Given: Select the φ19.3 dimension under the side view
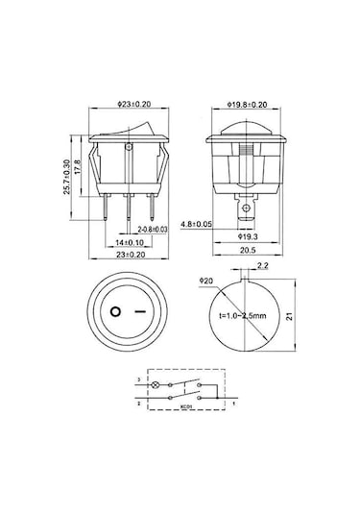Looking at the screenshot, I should pos(247,235).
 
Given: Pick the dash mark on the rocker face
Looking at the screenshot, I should pos(147,312).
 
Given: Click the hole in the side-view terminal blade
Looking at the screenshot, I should pos(248,208).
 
